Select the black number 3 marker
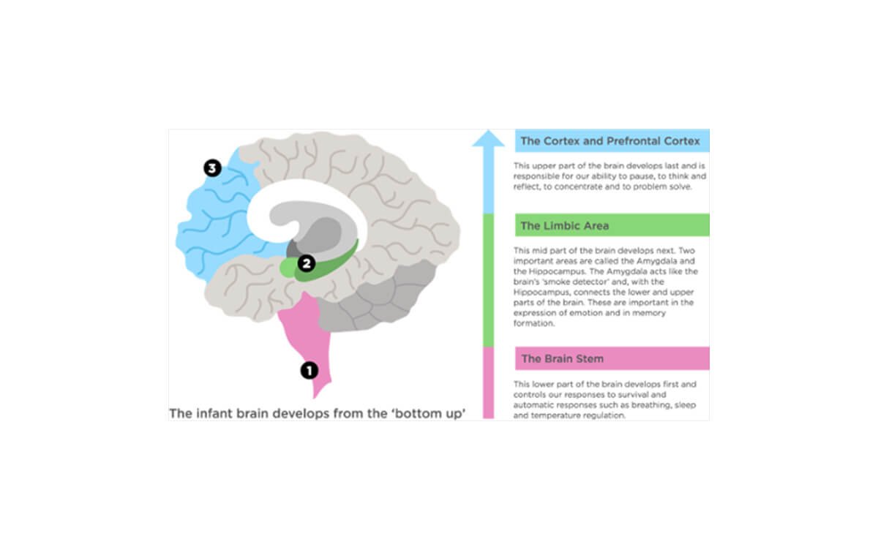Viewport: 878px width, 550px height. click(212, 169)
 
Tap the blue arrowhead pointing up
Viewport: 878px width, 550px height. click(488, 139)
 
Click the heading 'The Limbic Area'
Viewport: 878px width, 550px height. click(564, 226)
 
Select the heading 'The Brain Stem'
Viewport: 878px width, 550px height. click(562, 359)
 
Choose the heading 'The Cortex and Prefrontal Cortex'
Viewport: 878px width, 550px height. click(610, 140)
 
